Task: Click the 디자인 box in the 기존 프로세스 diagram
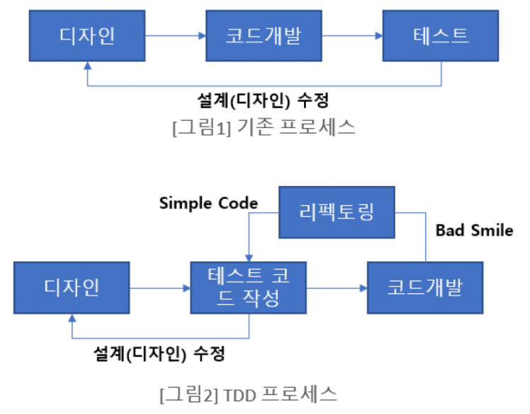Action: click(86, 35)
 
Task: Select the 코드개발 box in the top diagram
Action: click(264, 35)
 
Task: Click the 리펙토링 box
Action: click(336, 211)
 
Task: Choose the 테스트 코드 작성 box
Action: click(249, 287)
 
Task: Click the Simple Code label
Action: click(208, 204)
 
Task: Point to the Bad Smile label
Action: click(474, 231)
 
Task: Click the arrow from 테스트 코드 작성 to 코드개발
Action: click(337, 288)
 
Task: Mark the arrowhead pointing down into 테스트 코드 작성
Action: click(249, 256)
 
